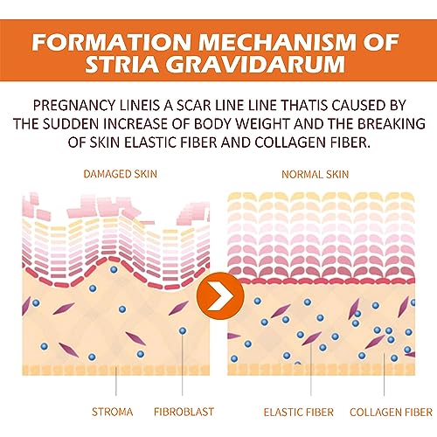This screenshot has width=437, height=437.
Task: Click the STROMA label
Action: (113, 412)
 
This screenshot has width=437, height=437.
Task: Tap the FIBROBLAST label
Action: (184, 412)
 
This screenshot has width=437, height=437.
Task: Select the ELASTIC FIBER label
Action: (299, 413)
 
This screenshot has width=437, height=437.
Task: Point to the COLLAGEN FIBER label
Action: (391, 413)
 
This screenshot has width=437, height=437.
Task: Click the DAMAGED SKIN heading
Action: (121, 174)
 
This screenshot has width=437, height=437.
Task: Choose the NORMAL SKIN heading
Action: (316, 174)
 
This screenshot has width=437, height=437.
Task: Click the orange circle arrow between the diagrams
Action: (220, 295)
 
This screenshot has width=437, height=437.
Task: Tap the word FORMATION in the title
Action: (111, 42)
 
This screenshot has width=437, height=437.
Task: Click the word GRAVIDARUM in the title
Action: (256, 64)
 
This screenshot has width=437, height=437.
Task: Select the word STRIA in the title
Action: (122, 64)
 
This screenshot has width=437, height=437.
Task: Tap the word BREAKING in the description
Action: (392, 124)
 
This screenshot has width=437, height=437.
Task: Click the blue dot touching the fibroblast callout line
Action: (183, 330)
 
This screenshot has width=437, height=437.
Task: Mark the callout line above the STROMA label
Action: (116, 381)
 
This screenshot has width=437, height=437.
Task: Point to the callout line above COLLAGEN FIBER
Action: (384, 374)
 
